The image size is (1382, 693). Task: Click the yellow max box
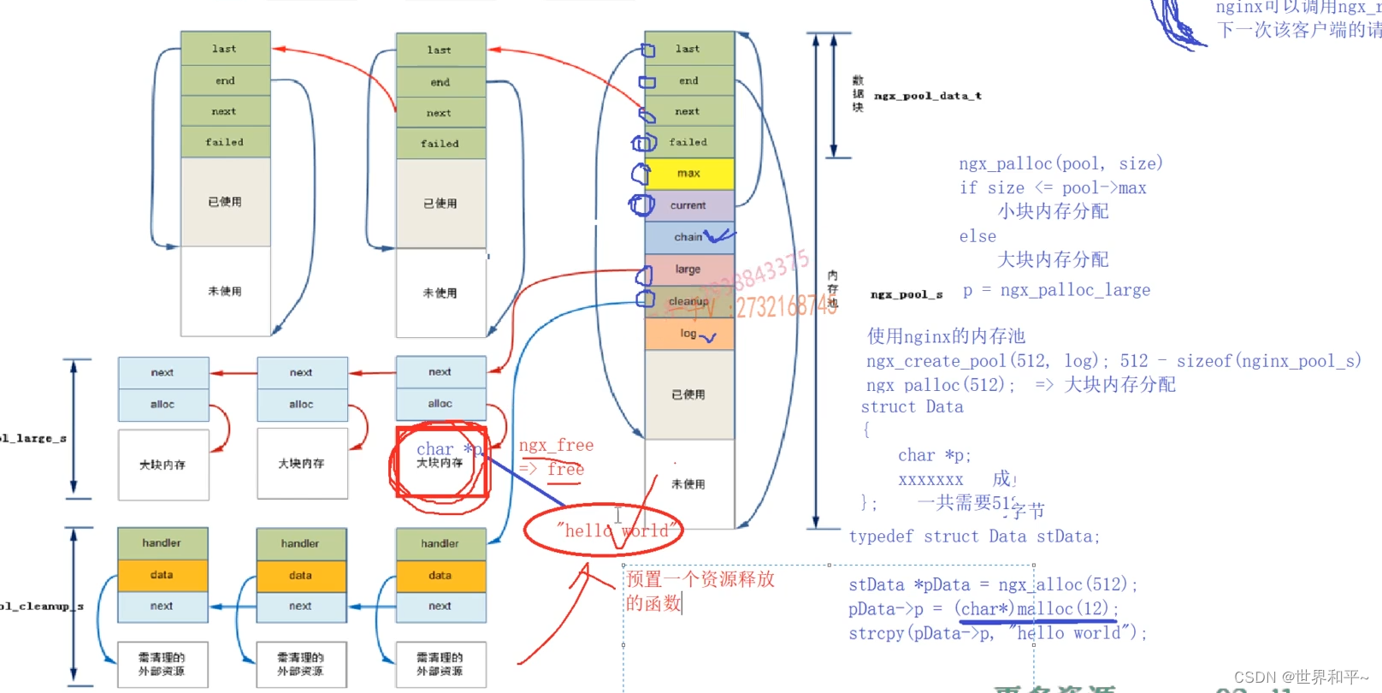pyautogui.click(x=689, y=174)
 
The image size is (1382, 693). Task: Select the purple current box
pyautogui.click(x=689, y=205)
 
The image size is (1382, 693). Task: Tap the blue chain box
pyautogui.click(x=688, y=237)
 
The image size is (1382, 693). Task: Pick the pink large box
pyautogui.click(x=688, y=269)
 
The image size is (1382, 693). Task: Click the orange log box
pyautogui.click(x=688, y=334)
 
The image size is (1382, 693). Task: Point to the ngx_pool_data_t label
pyautogui.click(x=927, y=96)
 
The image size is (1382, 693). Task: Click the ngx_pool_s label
pyautogui.click(x=906, y=294)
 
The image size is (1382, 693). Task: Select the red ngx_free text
pyautogui.click(x=556, y=445)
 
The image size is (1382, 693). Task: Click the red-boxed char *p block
pyautogui.click(x=441, y=462)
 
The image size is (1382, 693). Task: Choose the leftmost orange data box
pyautogui.click(x=162, y=575)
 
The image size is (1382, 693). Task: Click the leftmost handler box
pyautogui.click(x=162, y=543)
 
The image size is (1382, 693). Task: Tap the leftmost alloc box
pyautogui.click(x=162, y=405)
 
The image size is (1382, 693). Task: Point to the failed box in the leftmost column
pyautogui.click(x=225, y=142)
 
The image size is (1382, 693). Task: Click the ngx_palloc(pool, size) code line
pyautogui.click(x=1060, y=163)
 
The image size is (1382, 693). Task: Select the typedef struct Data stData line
pyautogui.click(x=974, y=536)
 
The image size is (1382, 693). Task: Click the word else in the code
pyautogui.click(x=977, y=236)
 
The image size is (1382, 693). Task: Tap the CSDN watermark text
pyautogui.click(x=1301, y=677)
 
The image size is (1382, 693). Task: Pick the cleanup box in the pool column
pyautogui.click(x=688, y=301)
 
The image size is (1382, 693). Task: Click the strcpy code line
pyautogui.click(x=997, y=633)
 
